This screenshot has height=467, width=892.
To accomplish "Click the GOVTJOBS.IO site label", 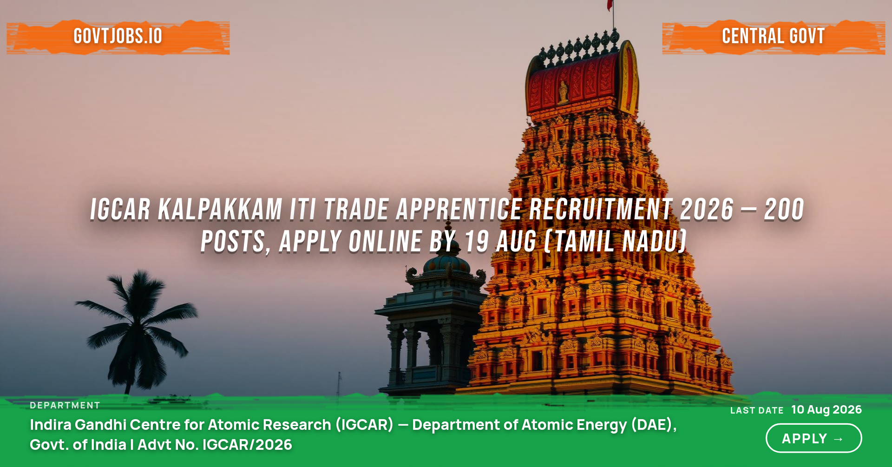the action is coord(118,36).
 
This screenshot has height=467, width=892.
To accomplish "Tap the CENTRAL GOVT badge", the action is coord(773,36).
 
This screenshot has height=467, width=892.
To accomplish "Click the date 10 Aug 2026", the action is coord(826,409).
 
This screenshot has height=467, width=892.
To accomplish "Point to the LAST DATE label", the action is coord(757,410).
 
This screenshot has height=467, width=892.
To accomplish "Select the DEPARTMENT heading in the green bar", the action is coord(65,405).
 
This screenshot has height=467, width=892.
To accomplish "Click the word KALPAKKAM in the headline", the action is coord(220,210).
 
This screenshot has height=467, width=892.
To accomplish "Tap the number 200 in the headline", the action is coord(784,210).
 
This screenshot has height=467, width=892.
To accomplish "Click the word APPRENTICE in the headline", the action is coord(459,210).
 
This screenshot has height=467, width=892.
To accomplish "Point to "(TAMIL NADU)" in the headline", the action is coord(615,242).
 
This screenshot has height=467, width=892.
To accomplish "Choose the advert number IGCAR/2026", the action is coord(247,445).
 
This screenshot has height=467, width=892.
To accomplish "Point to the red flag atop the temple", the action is coord(610,5).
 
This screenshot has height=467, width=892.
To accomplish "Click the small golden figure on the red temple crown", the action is coord(564,91).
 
